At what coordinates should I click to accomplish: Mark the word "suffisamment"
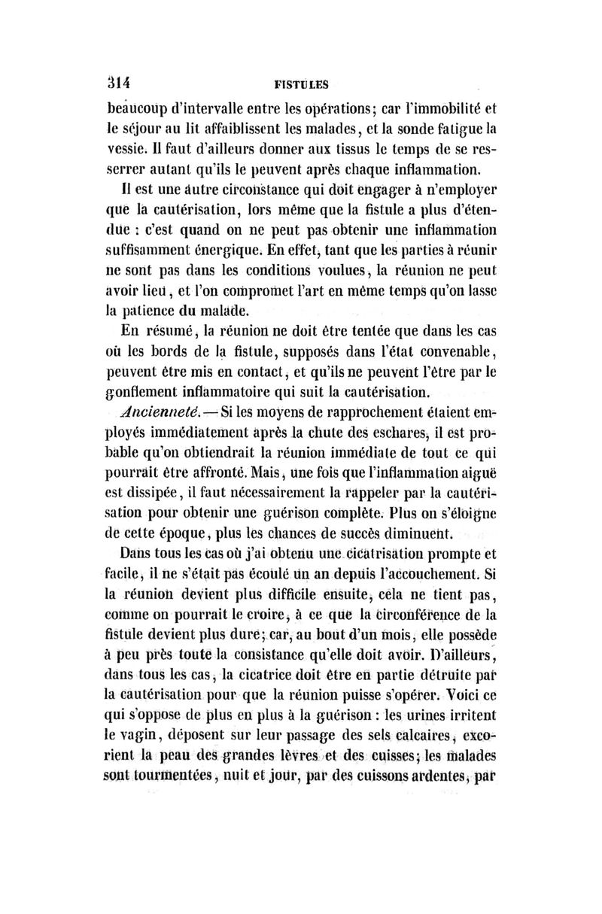[x=150, y=249]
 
